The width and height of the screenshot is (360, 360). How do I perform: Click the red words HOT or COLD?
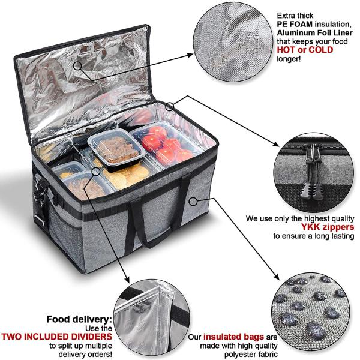point(305,50)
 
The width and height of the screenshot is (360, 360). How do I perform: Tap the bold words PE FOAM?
point(295,24)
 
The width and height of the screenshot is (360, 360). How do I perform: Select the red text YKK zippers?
point(328,227)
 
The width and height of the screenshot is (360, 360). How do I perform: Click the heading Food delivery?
point(79,319)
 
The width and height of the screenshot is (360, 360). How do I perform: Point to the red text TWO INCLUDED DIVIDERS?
point(57,337)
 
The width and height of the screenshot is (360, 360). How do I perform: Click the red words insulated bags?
point(233,337)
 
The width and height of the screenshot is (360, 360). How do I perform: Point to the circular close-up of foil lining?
point(233,42)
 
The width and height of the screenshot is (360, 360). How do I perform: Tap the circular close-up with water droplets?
point(311,313)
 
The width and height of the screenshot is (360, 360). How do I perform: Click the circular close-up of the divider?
point(152,319)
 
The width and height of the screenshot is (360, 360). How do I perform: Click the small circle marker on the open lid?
point(77,66)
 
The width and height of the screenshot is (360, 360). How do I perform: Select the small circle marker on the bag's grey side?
point(193,202)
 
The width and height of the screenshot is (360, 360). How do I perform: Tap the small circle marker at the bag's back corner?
point(170,106)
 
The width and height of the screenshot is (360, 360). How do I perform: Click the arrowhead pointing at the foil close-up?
point(190,55)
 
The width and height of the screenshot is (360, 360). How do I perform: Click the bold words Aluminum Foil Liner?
point(314,33)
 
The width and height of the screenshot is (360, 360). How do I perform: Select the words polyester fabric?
point(251,354)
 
